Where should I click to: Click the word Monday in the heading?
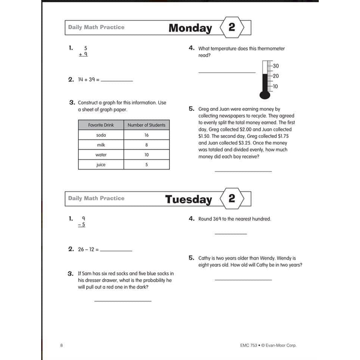coord(190,28)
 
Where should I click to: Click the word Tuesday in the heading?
coord(188,199)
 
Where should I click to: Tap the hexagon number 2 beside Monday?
coord(232,27)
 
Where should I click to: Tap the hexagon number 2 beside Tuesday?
coord(232,198)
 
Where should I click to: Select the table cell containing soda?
coord(101,135)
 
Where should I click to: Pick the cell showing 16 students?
coord(146,135)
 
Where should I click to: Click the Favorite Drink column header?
coord(101,125)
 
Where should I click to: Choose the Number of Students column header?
coord(146,125)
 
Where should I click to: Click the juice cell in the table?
coord(101,165)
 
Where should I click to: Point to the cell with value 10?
coord(146,154)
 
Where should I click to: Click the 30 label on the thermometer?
coord(276,66)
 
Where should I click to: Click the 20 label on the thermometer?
coord(276,76)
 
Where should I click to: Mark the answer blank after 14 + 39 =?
coord(117,80)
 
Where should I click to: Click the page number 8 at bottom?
coord(61,345)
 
